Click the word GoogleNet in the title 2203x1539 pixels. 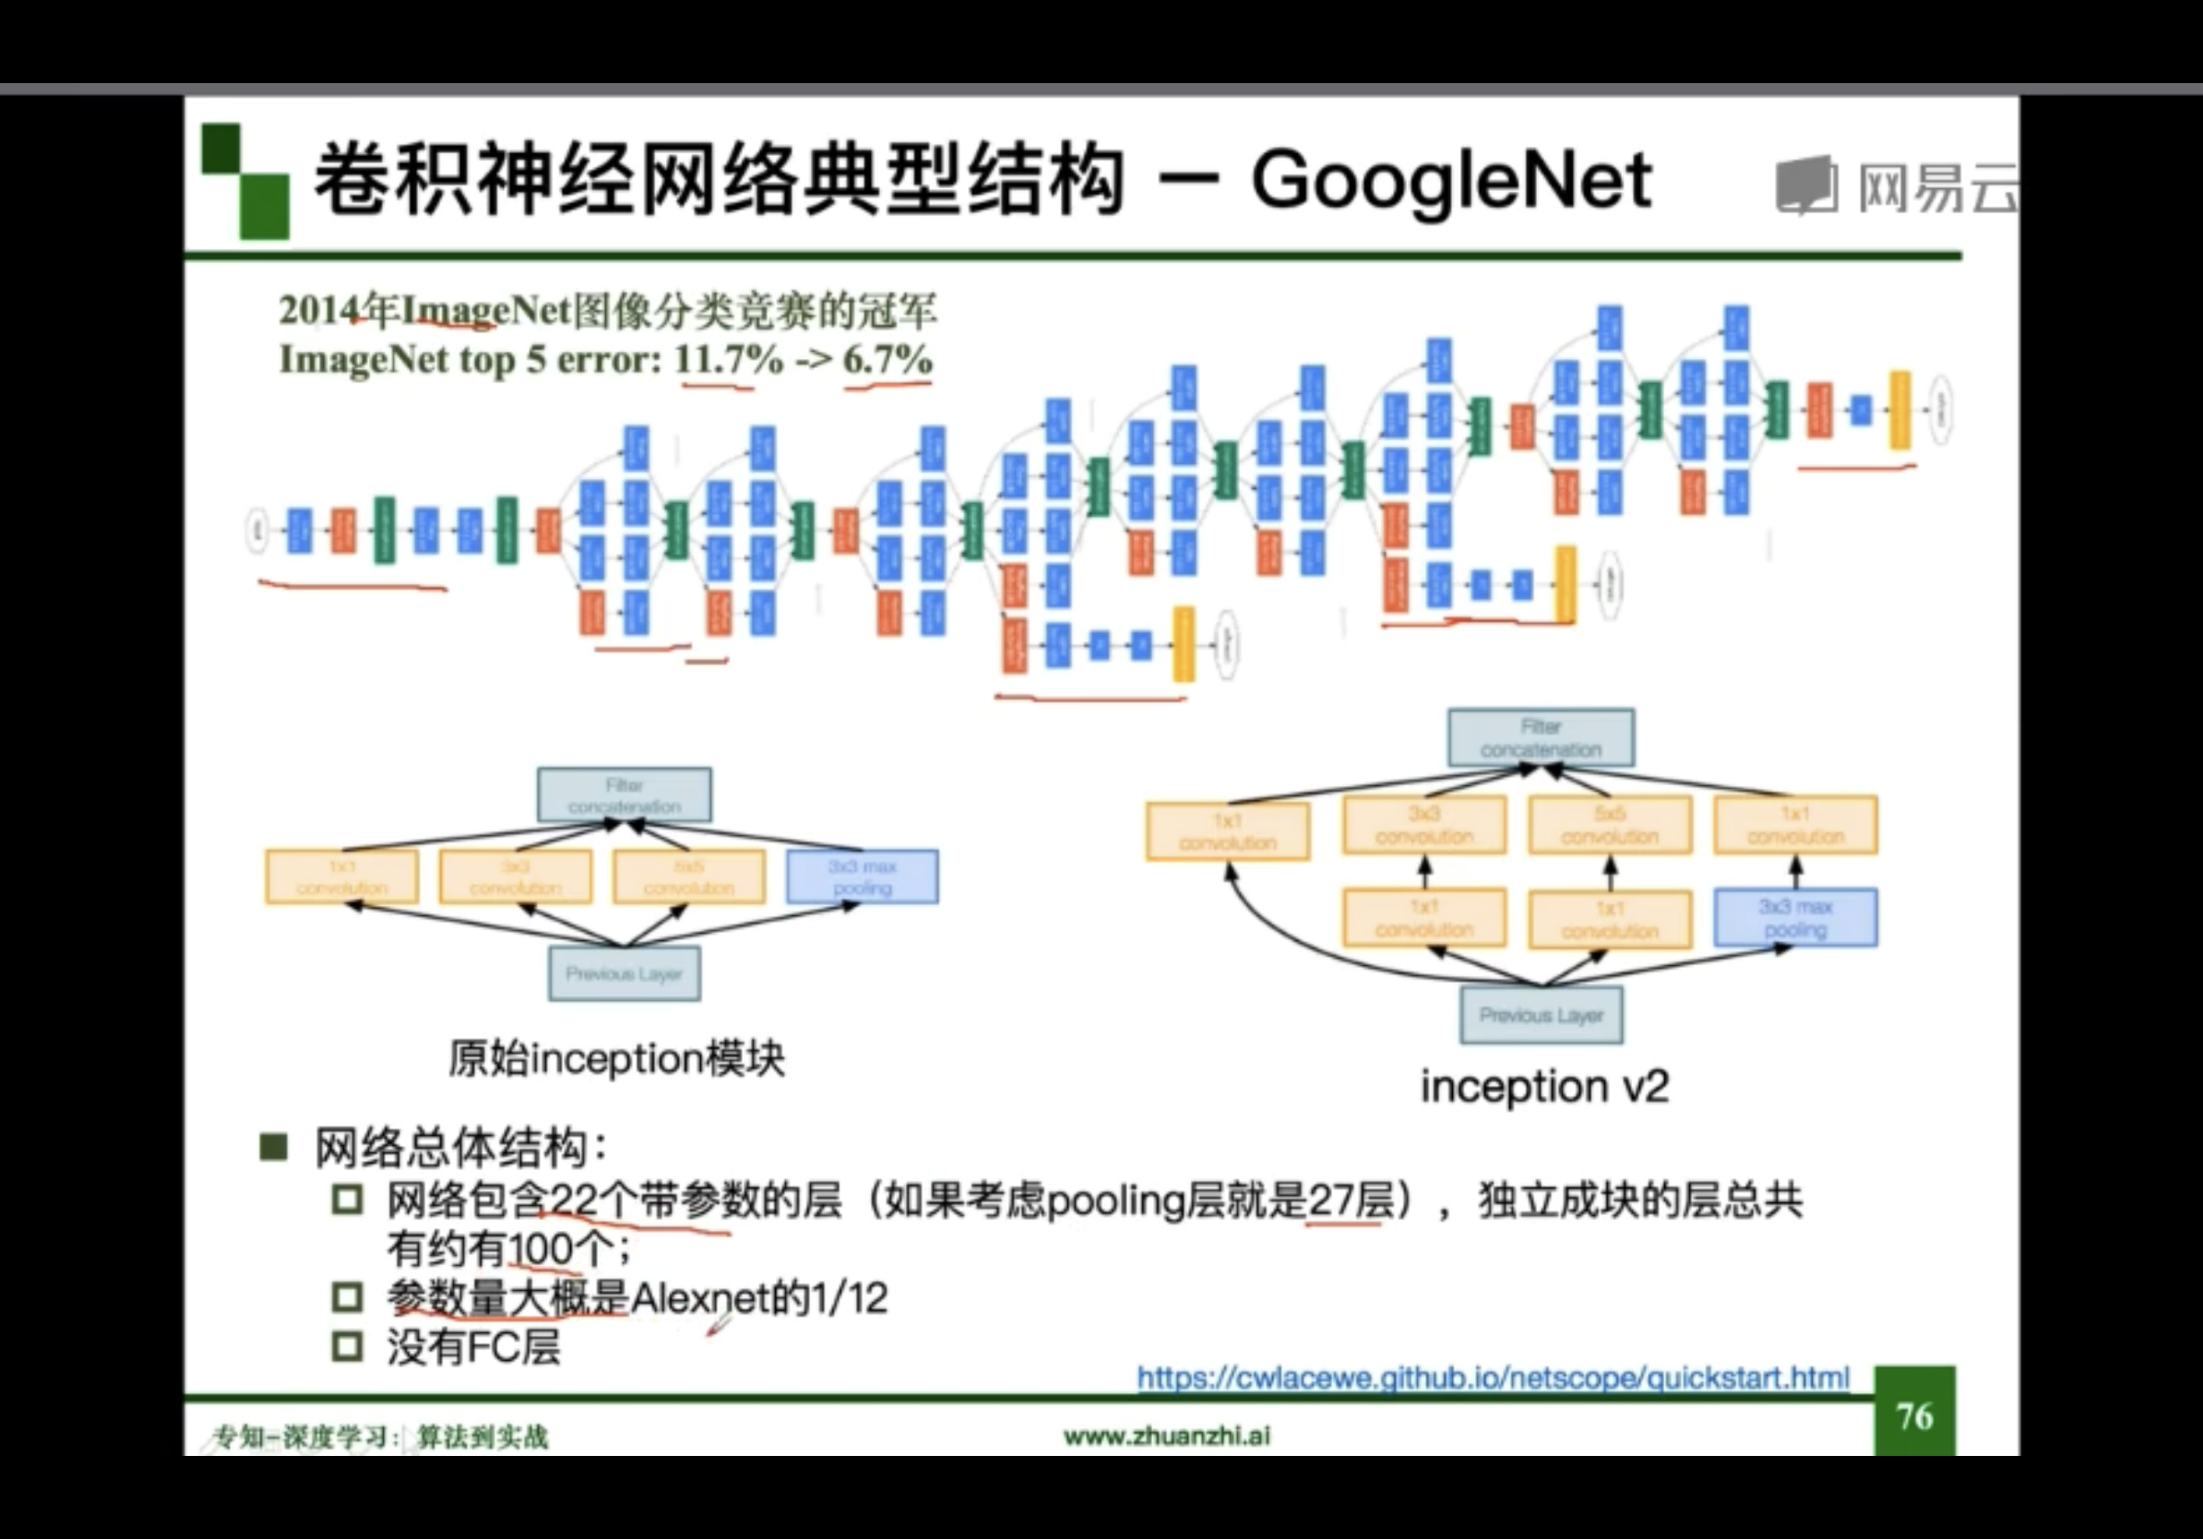coord(1451,181)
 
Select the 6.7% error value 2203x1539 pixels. coord(887,360)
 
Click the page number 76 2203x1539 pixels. coord(1914,1416)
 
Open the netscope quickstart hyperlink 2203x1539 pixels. coord(1492,1378)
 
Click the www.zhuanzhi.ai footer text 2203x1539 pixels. coord(1167,1436)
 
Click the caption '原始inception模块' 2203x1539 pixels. coord(617,1059)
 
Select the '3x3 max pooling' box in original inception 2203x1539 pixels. coord(862,877)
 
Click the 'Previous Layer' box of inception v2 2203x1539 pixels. coord(1541,1015)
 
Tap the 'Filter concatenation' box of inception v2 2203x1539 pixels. coord(1540,738)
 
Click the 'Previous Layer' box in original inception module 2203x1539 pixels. coord(624,973)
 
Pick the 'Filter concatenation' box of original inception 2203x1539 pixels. coord(624,795)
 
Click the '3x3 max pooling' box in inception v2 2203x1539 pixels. coord(1795,918)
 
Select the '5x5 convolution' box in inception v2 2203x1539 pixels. coord(1609,825)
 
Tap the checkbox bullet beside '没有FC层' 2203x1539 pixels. coord(346,1347)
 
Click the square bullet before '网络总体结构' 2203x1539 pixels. coord(273,1147)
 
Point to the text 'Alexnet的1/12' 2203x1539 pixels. coord(759,1298)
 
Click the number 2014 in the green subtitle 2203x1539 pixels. coord(316,310)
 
